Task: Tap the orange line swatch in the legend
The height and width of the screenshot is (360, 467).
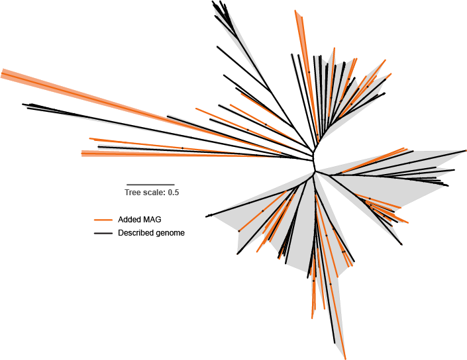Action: pyautogui.click(x=103, y=219)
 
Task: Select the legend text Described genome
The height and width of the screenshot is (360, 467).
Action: pyautogui.click(x=151, y=233)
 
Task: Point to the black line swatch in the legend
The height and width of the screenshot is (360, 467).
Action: pyautogui.click(x=103, y=233)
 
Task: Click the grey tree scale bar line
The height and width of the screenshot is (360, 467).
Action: pyautogui.click(x=150, y=185)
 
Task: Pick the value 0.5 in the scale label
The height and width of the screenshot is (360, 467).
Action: pyautogui.click(x=174, y=193)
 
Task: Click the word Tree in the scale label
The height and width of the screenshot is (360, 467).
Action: pyautogui.click(x=132, y=193)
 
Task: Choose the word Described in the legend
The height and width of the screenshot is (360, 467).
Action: pyautogui.click(x=135, y=233)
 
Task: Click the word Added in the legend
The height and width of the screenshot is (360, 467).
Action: pyautogui.click(x=128, y=219)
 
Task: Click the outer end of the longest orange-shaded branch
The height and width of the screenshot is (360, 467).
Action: pyautogui.click(x=2, y=73)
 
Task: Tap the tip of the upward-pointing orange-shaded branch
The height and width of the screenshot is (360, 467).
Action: pyautogui.click(x=297, y=11)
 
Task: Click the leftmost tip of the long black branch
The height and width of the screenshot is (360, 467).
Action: pyautogui.click(x=23, y=104)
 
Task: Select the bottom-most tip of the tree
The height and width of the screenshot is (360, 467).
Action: pyautogui.click(x=345, y=357)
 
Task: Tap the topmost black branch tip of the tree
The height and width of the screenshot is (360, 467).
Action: pyautogui.click(x=213, y=2)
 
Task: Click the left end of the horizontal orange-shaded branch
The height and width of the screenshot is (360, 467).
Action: pyautogui.click(x=82, y=154)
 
